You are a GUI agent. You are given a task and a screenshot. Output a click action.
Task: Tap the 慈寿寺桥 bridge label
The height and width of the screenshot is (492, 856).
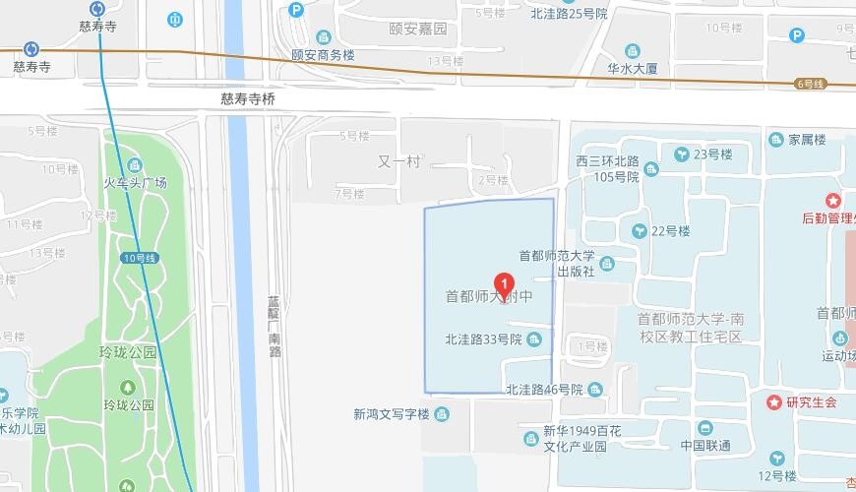pos(248,98)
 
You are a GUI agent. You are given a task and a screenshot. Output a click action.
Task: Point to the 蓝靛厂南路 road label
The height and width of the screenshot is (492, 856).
pos(274,324)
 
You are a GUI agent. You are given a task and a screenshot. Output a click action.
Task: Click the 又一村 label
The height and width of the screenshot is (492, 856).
pos(398,160)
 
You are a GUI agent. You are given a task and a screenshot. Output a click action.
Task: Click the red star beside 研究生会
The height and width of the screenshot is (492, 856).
pos(773,402)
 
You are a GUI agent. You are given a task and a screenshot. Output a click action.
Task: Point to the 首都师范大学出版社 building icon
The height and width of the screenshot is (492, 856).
pos(606,264)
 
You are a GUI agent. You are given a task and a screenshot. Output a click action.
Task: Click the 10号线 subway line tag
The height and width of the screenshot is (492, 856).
pos(141,257)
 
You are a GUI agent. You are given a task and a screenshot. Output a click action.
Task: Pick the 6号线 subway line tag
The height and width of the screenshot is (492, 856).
pos(810,84)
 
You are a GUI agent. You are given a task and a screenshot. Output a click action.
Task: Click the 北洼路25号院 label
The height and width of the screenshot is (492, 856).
pos(569,14)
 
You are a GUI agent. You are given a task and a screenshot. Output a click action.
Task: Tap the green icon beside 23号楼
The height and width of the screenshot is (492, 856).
pos(680,154)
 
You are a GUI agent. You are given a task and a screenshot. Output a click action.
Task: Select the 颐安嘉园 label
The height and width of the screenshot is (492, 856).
pos(417,29)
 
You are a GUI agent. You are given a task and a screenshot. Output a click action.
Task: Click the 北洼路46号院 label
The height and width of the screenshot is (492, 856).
pos(544,390)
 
